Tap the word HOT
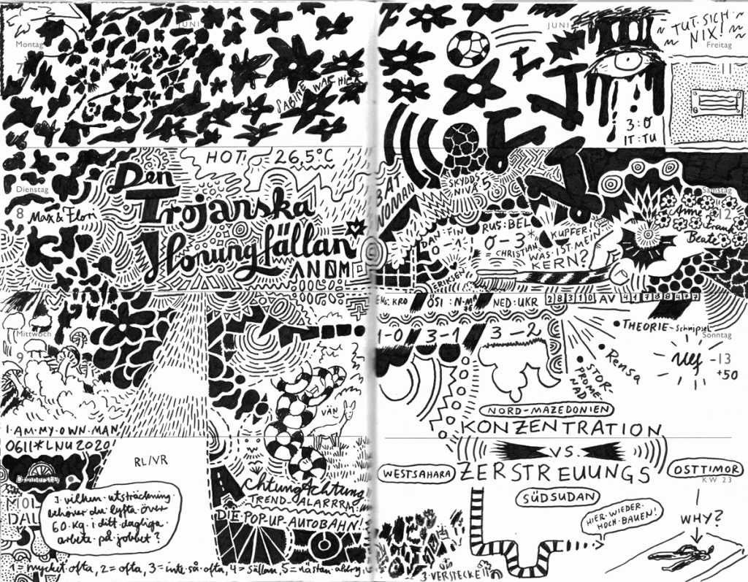click(x=224, y=156)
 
